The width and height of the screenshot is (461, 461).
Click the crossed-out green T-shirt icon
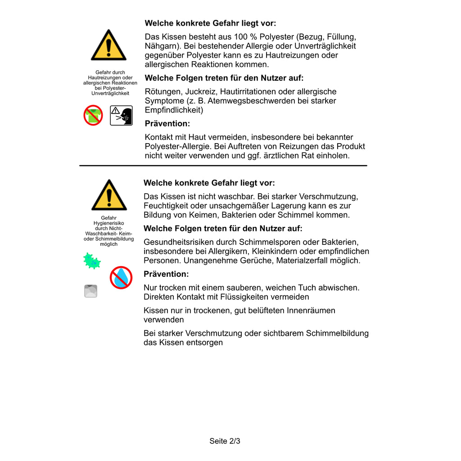(93, 115)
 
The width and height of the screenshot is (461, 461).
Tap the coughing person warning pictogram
(121, 116)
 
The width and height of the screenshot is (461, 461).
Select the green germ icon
(92, 261)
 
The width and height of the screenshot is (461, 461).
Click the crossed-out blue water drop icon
(121, 277)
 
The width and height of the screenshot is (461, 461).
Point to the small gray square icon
(90, 291)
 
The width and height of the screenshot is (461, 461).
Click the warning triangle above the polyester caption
(108, 45)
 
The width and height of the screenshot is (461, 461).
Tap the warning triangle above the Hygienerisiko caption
(109, 195)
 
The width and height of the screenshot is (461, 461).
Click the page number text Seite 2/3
(225, 441)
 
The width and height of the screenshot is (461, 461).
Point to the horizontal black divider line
(223, 166)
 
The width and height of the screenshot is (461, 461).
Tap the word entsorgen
(206, 343)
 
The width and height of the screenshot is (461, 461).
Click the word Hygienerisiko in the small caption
(108, 223)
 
